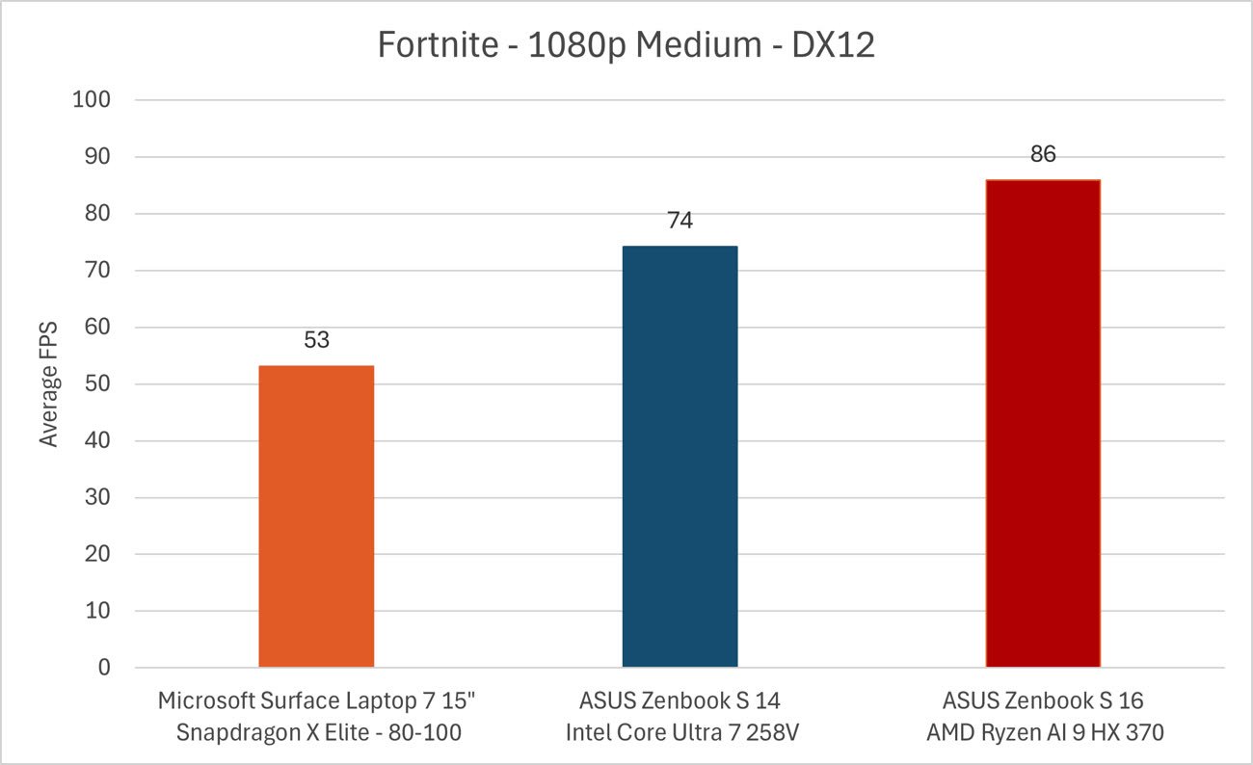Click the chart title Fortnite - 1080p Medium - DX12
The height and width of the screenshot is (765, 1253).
click(626, 45)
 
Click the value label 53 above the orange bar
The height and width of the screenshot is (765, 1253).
click(316, 340)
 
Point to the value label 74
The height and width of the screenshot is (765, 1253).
click(680, 221)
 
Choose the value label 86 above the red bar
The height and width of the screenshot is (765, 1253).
click(1043, 153)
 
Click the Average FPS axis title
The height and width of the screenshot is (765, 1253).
click(49, 383)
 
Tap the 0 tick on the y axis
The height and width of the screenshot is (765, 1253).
click(105, 668)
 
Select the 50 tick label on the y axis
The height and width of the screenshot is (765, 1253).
click(98, 384)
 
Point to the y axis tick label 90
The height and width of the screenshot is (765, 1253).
click(98, 157)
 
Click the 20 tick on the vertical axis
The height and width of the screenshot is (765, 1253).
click(98, 555)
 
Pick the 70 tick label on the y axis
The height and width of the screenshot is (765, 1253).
click(98, 271)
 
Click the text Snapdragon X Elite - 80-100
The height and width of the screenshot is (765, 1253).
click(319, 732)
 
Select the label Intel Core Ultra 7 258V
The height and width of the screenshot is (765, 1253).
click(680, 732)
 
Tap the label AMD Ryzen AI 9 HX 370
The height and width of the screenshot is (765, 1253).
click(1045, 732)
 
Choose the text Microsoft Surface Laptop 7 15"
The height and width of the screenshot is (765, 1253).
click(317, 700)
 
